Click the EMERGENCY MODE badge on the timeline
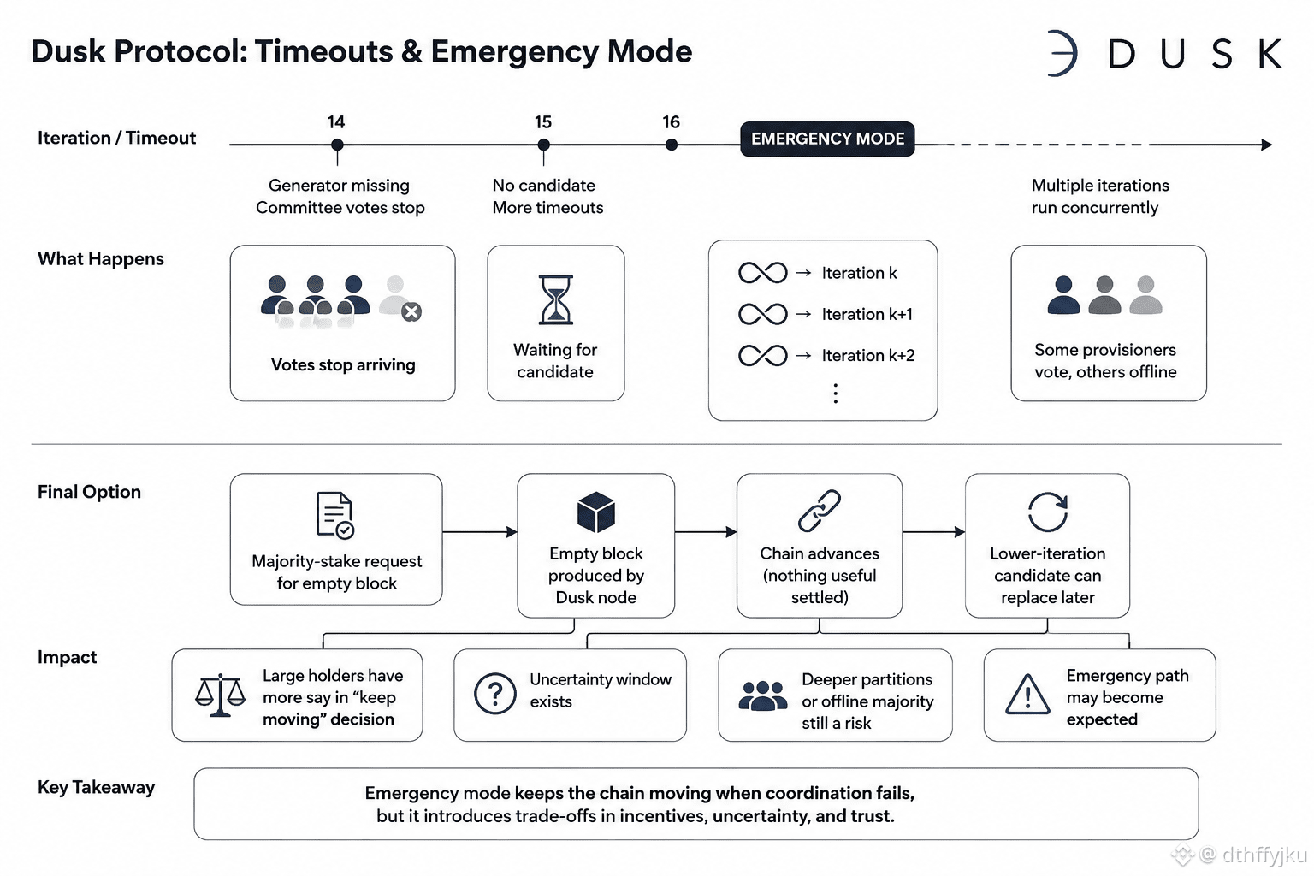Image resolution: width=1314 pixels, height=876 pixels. click(x=827, y=139)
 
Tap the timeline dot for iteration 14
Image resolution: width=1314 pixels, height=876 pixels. click(x=337, y=145)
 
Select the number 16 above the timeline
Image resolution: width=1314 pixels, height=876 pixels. click(x=671, y=122)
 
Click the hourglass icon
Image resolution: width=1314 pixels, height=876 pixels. click(x=555, y=299)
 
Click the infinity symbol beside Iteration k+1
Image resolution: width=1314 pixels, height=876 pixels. click(x=762, y=314)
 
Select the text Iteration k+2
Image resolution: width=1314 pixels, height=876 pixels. click(x=868, y=355)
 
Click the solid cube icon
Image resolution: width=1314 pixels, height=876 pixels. click(x=596, y=512)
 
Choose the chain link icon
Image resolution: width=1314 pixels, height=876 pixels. click(x=820, y=511)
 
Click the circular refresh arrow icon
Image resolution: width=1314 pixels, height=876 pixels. click(x=1048, y=512)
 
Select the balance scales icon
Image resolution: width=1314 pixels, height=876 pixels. click(x=220, y=695)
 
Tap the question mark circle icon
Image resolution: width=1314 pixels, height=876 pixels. click(x=495, y=694)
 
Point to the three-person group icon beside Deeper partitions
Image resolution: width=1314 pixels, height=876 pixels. click(x=763, y=695)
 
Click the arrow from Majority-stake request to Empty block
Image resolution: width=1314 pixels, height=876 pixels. click(x=480, y=532)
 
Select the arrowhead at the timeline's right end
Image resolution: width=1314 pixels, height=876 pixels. click(x=1266, y=145)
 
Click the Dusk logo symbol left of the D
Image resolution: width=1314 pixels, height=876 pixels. click(x=1062, y=53)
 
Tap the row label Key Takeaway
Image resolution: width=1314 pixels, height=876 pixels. click(x=96, y=787)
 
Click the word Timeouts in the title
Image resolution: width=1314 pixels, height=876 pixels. click(x=324, y=51)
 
